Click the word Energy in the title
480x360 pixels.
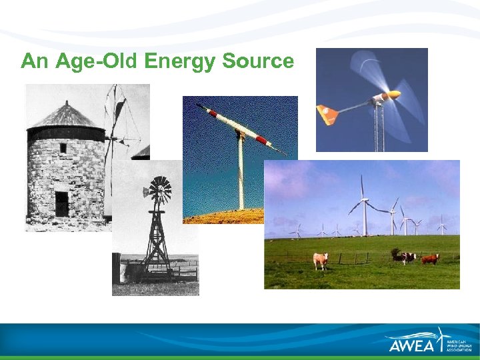click(179, 62)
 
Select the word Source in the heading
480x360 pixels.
click(258, 61)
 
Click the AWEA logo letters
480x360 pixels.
click(412, 345)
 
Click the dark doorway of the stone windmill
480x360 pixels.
click(62, 203)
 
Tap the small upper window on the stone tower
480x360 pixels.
click(63, 148)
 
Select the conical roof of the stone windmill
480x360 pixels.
click(67, 115)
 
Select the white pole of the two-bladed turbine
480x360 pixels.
click(241, 177)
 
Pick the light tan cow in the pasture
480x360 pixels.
click(321, 260)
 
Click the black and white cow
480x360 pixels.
click(403, 257)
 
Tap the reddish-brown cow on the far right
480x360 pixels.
click(430, 259)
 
